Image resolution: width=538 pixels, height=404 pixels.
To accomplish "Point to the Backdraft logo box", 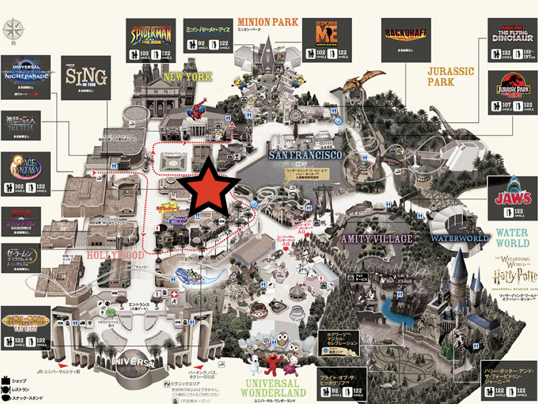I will (x=406, y=33).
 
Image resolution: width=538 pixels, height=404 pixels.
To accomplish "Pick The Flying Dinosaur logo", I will (x=512, y=33).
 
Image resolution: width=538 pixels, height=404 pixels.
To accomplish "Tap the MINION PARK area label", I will (x=268, y=22).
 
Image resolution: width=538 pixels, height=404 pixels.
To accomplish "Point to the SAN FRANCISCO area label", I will (x=305, y=155).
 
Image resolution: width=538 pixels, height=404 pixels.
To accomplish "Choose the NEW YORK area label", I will (x=188, y=77).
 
